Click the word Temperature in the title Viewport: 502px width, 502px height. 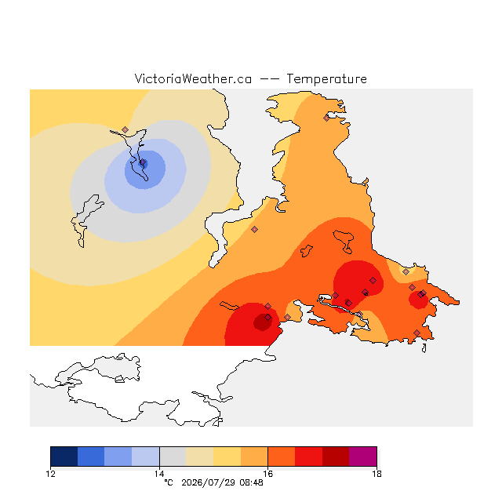click(326, 79)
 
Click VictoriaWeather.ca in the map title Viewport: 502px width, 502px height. click(193, 79)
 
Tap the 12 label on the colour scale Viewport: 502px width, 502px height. click(50, 474)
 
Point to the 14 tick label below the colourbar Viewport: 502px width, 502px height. click(159, 474)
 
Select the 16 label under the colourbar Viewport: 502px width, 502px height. click(268, 474)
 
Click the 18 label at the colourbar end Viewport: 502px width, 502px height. click(376, 474)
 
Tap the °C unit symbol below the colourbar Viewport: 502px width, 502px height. click(169, 482)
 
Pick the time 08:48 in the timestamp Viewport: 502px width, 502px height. click(251, 482)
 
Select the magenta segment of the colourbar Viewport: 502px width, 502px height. click(362, 457)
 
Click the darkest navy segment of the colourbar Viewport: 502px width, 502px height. click(64, 457)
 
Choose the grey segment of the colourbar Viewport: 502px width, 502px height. click(173, 457)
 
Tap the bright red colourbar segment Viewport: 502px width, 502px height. click(308, 457)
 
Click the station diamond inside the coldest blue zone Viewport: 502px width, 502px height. click(143, 162)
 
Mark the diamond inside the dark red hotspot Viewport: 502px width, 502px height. click(268, 317)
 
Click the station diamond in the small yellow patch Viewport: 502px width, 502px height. click(406, 272)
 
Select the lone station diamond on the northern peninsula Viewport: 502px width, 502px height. click(326, 118)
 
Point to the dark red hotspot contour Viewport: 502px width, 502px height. click(263, 322)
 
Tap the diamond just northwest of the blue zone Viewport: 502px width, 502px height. click(125, 129)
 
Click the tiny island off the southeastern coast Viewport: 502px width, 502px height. click(424, 348)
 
